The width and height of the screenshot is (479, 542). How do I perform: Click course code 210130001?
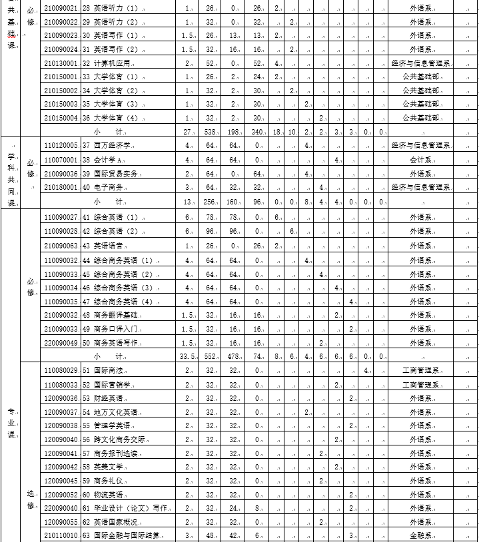(61, 63)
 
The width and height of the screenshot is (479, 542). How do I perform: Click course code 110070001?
(61, 160)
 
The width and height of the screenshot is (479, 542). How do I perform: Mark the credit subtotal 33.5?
(187, 356)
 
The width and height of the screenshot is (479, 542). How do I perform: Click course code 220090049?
(61, 342)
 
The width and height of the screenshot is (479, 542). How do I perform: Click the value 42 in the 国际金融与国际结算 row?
(233, 535)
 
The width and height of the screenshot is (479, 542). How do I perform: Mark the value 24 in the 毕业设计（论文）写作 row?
(233, 508)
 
